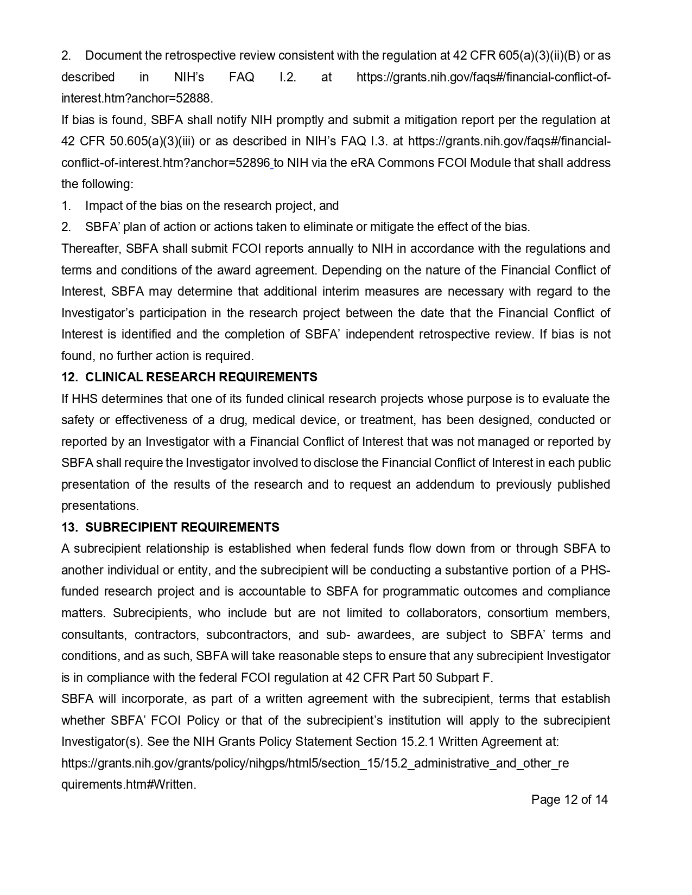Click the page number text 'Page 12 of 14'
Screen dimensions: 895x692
(569, 800)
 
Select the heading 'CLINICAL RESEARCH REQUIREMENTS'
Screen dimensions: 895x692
(201, 377)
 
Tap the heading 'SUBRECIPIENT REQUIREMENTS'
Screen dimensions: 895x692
(182, 527)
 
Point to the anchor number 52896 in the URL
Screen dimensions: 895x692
(253, 163)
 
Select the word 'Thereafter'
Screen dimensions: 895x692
(91, 248)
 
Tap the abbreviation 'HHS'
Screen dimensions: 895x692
(84, 399)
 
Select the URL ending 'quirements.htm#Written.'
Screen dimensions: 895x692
(129, 784)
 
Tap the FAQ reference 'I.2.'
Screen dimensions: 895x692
(288, 77)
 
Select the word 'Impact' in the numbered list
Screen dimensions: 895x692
(103, 206)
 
